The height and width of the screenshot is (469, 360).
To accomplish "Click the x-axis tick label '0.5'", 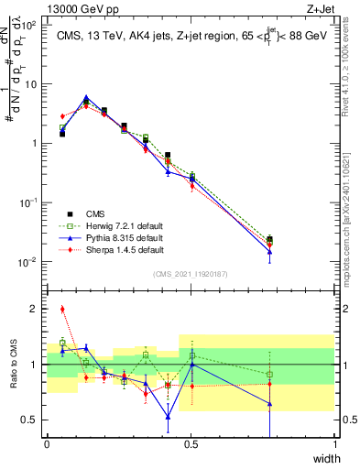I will point(191,444).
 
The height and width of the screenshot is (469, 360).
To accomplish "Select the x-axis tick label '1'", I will point(334,444).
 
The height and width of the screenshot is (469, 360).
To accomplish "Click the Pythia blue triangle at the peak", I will point(86,98).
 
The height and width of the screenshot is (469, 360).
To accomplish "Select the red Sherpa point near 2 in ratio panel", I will point(62,310).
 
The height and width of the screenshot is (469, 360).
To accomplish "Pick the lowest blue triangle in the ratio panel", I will point(168,417).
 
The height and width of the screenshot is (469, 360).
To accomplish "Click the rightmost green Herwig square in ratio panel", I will point(269,374).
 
